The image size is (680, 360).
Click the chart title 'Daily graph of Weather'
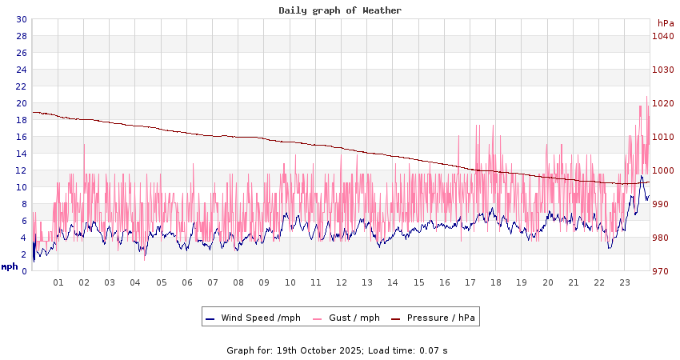(x=340, y=10)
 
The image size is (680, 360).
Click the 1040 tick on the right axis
(x=662, y=36)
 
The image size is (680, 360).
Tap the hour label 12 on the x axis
(x=342, y=282)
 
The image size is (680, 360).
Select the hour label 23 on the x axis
(x=625, y=282)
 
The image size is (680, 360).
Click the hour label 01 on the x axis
(x=58, y=282)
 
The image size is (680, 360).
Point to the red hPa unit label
(x=666, y=23)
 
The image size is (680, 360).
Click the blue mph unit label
(x=10, y=266)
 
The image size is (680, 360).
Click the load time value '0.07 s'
(x=434, y=350)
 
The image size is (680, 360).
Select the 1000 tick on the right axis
(x=662, y=170)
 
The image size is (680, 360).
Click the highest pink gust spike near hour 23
(x=646, y=98)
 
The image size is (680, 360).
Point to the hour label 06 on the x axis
(x=187, y=282)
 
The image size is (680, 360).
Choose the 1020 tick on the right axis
(x=662, y=103)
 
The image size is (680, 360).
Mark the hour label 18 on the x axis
(x=496, y=282)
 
